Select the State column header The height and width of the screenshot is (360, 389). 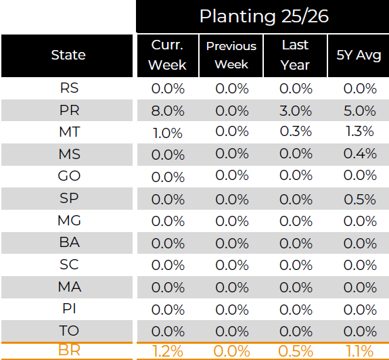coord(68,55)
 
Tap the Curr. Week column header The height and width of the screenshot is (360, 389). coord(167,55)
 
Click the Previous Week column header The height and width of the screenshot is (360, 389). coord(231,55)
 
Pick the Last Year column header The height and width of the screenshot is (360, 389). coord(295,55)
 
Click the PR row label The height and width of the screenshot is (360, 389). coord(69,110)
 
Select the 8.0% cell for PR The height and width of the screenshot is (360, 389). coord(167,110)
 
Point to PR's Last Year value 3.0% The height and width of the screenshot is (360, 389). coord(295,110)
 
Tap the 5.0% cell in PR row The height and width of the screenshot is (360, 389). coord(359,110)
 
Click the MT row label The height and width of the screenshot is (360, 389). coord(69,132)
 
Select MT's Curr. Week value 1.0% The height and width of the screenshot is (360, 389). coord(167,133)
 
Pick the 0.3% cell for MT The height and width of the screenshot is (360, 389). coord(295,132)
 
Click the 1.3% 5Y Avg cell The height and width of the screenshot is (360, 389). coord(359,132)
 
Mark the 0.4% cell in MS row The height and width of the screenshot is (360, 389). coord(359,154)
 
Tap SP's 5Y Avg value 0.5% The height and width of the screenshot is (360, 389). coord(359,199)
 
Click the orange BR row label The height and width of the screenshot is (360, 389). coord(69,351)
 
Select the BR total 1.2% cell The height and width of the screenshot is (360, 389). coord(167,351)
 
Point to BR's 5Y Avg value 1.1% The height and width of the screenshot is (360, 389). coord(359,351)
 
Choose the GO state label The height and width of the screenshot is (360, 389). coord(69,177)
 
